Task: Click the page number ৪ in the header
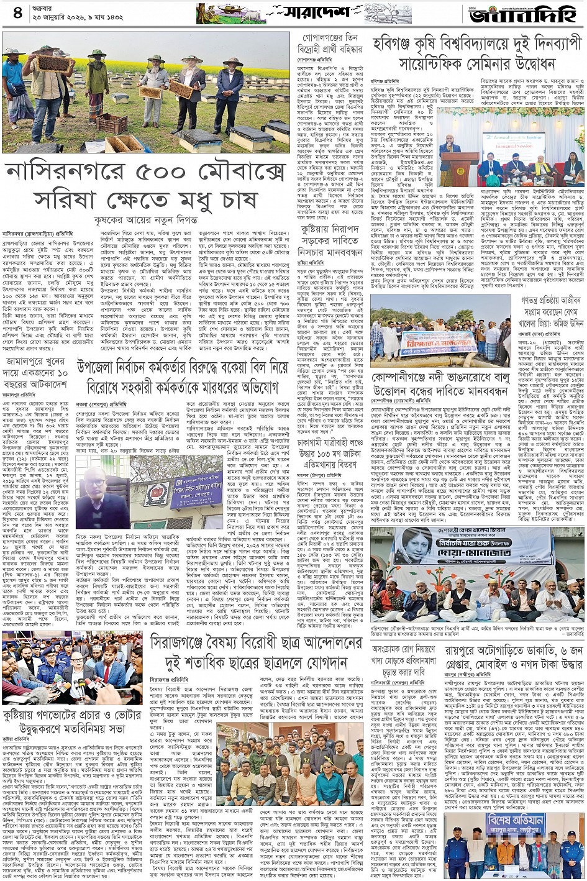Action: [x=17, y=13]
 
